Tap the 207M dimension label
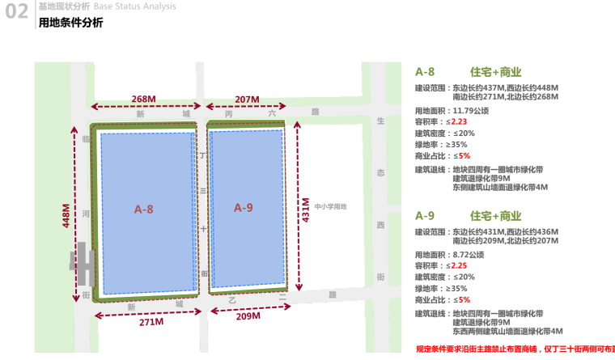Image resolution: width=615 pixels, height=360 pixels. pos(248,99)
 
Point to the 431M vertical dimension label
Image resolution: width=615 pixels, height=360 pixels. pos(307,210)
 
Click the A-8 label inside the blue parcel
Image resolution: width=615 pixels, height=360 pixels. pos(144,210)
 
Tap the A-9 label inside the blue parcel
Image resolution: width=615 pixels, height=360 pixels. pos(244,208)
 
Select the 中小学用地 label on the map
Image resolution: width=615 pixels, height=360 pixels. pos(330,206)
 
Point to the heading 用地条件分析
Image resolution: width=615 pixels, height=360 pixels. pos(71,23)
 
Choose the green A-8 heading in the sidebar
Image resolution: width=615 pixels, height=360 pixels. pos(425,70)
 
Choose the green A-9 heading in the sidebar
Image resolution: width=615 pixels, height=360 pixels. pos(425,215)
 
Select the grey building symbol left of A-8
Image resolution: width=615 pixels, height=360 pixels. pos(81,260)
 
